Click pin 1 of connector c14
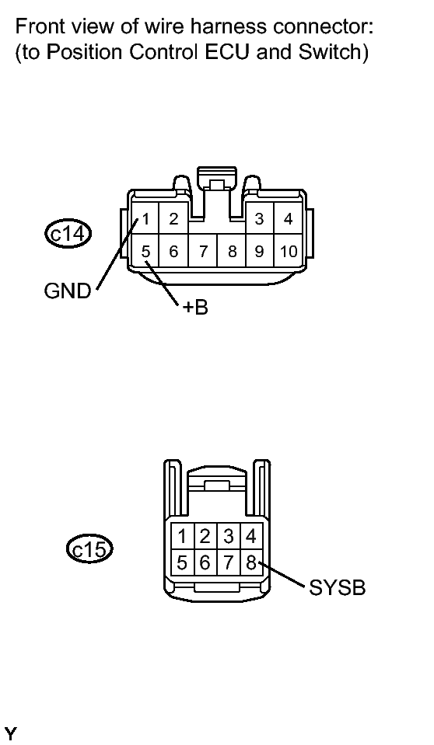pos(145,219)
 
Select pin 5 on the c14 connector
pos(145,251)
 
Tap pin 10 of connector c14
pos(289,251)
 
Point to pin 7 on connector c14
pos(203,251)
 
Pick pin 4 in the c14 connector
pos(289,219)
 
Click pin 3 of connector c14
pos(259,219)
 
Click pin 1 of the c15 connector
pos(181,536)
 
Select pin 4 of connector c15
pos(251,536)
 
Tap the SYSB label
pos(337,588)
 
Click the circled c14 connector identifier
pos(68,232)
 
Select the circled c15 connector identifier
pos(89,550)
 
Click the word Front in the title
pos(37,28)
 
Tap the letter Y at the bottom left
pos(10,733)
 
